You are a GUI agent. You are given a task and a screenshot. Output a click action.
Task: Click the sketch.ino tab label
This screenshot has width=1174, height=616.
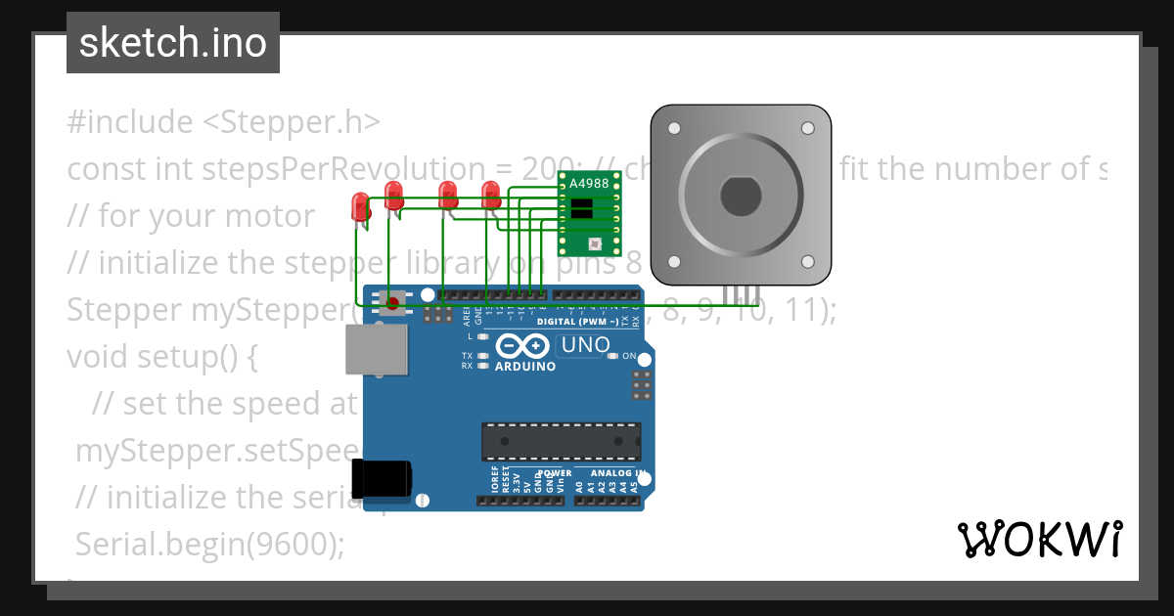tap(173, 43)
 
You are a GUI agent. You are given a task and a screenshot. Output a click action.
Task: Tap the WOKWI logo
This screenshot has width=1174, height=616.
tap(1039, 539)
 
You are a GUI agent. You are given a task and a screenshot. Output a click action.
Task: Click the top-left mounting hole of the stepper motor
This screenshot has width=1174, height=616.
tap(673, 128)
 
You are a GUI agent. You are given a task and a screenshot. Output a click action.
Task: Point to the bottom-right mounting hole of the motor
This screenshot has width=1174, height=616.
tap(808, 261)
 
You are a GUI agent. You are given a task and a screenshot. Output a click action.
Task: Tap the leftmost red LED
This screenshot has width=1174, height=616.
tap(360, 206)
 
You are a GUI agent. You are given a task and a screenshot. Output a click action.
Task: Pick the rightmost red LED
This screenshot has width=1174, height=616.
tap(491, 194)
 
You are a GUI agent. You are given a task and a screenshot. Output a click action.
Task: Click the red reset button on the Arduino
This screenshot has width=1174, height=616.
tap(393, 302)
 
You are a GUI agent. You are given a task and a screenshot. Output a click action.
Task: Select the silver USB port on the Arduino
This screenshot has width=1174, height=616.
tap(377, 349)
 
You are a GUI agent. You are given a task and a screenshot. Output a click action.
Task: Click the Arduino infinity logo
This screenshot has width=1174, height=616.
tap(524, 346)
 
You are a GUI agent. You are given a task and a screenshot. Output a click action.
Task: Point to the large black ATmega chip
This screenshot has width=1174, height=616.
tap(561, 441)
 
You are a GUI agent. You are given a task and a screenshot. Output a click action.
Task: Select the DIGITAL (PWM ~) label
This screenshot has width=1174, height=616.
tap(578, 322)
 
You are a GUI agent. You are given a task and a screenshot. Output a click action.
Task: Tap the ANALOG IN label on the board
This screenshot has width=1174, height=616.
tap(618, 474)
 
